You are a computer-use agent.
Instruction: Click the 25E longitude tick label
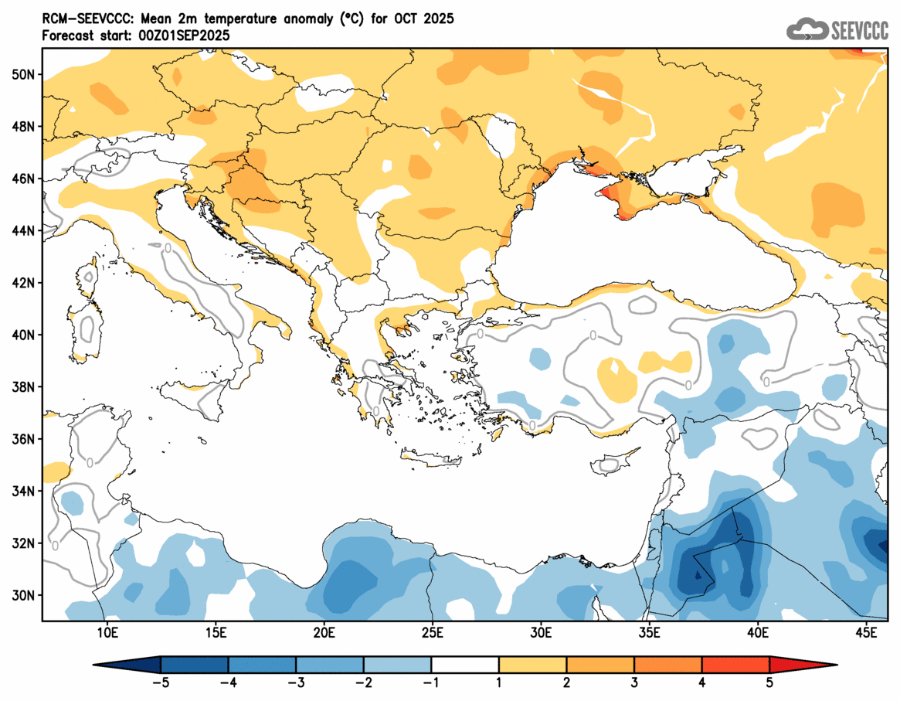[432, 633]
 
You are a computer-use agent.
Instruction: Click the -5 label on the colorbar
[160, 682]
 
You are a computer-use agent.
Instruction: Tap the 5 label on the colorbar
[769, 682]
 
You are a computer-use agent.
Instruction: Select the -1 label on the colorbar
[431, 682]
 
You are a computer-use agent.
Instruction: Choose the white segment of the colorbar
[465, 664]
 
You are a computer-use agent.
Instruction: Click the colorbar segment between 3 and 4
[668, 664]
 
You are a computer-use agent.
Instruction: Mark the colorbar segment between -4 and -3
[262, 664]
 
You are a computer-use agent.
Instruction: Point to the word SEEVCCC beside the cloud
[859, 31]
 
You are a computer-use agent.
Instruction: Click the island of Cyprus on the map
[614, 463]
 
